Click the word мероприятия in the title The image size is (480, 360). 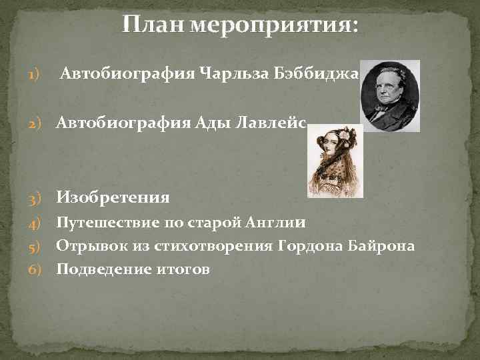pyautogui.click(x=274, y=27)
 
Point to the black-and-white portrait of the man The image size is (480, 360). pyautogui.click(x=390, y=95)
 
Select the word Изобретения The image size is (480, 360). pyautogui.click(x=113, y=197)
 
